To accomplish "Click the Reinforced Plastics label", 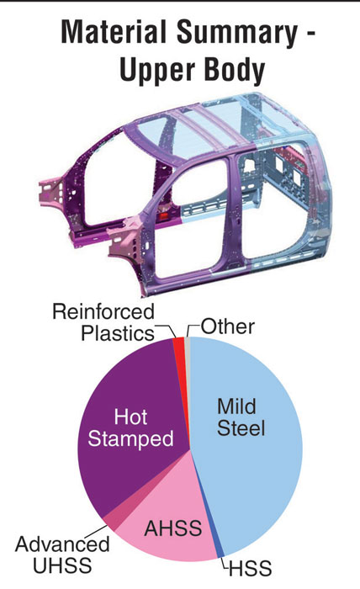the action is coord(103,322).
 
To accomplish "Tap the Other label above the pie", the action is coord(228,326).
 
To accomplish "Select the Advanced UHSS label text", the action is coord(62,555).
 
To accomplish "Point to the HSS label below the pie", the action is coord(250,568).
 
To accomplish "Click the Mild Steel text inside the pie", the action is coord(241,417).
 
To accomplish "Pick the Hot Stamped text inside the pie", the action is coord(130,427).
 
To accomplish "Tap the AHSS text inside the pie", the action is coord(173,528).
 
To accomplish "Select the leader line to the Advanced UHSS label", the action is coord(95,532).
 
